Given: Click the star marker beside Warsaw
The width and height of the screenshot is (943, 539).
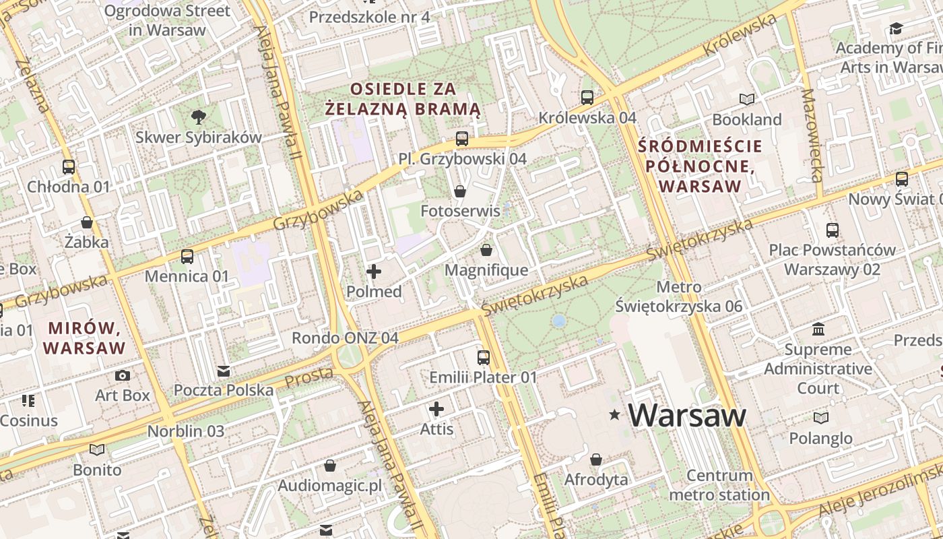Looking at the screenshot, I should point(614,416).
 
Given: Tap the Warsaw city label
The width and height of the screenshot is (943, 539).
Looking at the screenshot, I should point(687,415).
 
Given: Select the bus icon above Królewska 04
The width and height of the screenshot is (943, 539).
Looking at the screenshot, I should point(587,98).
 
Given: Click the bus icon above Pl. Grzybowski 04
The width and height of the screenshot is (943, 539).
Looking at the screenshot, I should point(461,139).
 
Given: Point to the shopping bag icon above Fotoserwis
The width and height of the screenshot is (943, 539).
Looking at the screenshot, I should point(460,192).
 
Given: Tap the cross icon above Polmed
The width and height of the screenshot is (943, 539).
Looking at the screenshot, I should point(374,272).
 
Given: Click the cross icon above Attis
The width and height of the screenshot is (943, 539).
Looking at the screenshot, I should point(436,409).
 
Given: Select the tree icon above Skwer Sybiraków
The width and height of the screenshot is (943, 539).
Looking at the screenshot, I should point(198,117).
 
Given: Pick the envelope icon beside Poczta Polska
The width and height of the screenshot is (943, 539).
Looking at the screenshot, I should point(224,371).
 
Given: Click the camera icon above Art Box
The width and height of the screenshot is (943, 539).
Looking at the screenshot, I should point(123,375).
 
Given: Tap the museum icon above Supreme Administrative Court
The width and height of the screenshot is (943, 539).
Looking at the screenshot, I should point(818,329).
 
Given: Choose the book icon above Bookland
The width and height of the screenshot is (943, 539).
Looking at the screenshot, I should point(747,100).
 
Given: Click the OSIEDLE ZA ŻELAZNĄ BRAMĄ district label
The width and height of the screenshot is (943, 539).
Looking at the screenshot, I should point(403,98).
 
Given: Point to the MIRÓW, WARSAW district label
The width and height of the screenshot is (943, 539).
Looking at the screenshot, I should point(84,338).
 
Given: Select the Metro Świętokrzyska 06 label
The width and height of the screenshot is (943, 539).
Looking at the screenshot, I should point(678,296).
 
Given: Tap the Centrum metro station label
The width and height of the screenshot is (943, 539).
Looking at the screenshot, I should point(719,485).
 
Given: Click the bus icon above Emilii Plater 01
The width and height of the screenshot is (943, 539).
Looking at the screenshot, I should point(484,358).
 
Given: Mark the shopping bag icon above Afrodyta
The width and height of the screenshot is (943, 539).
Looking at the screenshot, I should point(595,460).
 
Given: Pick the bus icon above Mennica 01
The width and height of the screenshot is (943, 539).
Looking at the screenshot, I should point(187,257).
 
